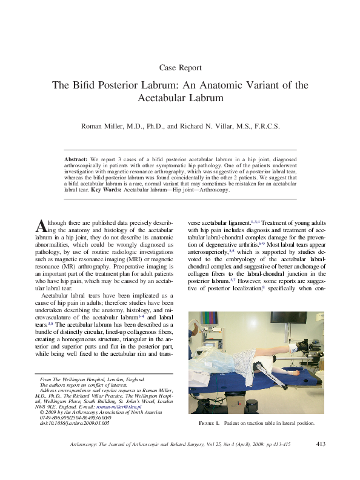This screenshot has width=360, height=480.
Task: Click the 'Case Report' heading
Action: [179, 68]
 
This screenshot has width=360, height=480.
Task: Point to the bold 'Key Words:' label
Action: [106, 190]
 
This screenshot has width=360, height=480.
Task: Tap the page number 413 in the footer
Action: [321, 444]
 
